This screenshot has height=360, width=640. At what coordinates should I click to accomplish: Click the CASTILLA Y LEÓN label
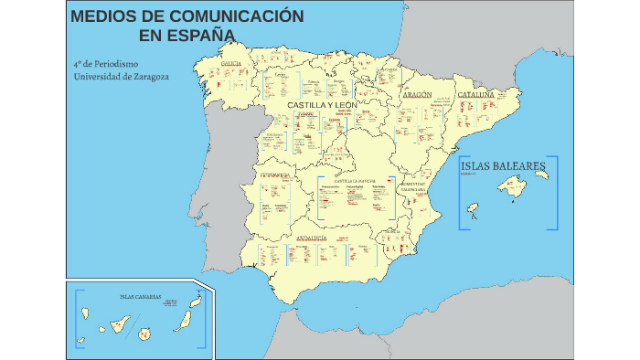coord(322,105)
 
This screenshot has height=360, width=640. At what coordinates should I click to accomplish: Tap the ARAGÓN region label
coord(417,94)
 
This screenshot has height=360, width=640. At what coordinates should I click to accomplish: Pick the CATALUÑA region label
coord(475,94)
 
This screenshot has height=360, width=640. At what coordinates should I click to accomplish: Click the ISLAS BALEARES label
coord(504,166)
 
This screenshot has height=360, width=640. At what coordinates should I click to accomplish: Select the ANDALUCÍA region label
coord(311,238)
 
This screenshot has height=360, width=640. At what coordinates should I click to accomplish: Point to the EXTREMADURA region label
coord(275,174)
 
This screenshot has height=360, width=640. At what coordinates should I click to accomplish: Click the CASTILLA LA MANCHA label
coord(355,181)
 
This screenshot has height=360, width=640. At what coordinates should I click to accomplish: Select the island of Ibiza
coord(473,207)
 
